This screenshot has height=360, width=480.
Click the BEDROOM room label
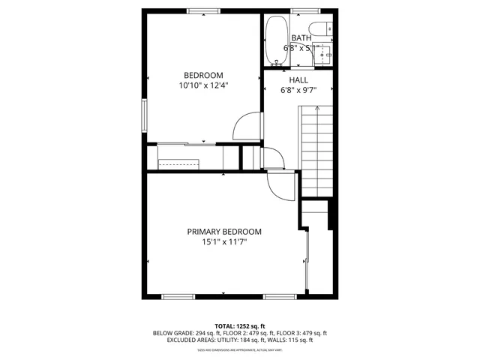[203, 74]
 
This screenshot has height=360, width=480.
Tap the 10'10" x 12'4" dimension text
[203, 85]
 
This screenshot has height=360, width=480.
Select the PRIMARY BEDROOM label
[224, 232]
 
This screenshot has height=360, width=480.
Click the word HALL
[298, 79]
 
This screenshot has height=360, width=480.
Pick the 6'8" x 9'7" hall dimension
[298, 90]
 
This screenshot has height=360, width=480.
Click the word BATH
[301, 38]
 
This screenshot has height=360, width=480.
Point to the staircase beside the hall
[315, 150]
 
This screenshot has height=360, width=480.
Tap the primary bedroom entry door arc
[281, 187]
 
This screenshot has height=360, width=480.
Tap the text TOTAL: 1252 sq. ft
[240, 325]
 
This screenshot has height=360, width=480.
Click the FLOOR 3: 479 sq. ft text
[303, 333]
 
